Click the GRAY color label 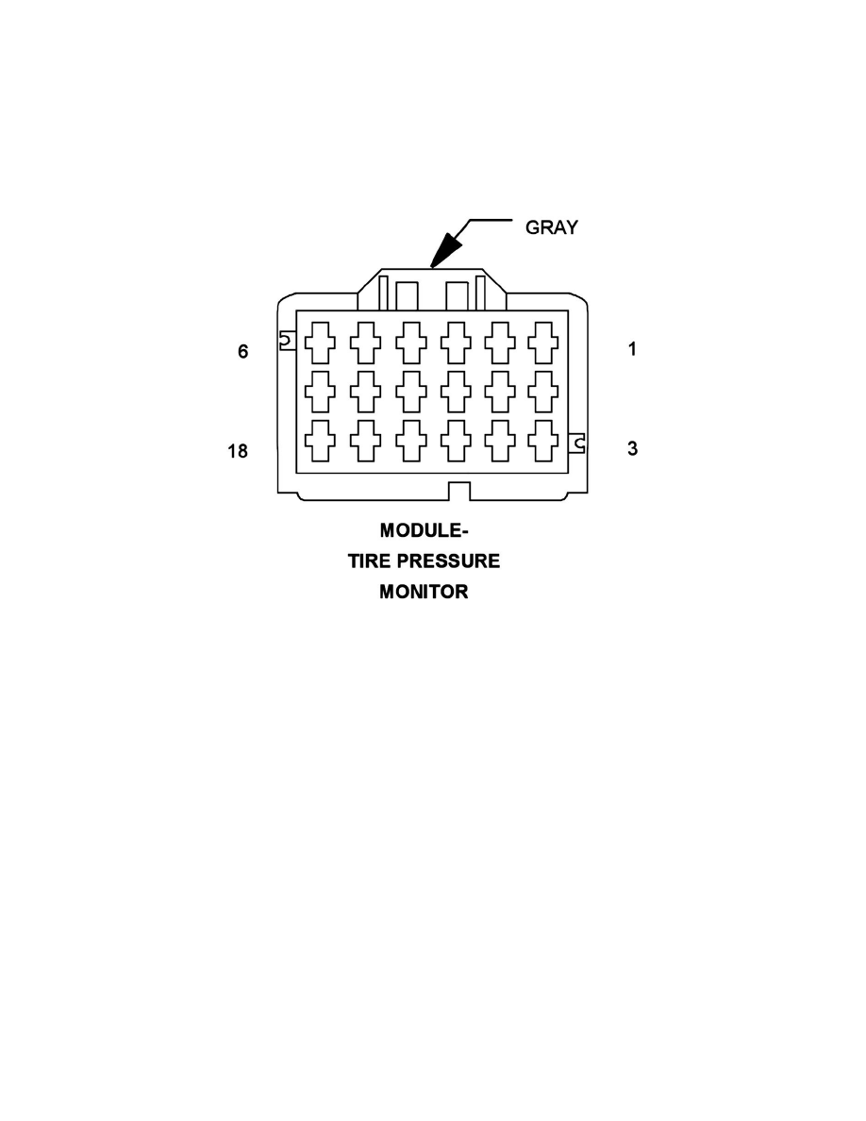[x=551, y=227]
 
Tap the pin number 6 [x=243, y=351]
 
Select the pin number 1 [x=632, y=349]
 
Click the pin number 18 [x=238, y=451]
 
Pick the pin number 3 [x=632, y=448]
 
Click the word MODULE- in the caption [x=424, y=530]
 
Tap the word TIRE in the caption [x=370, y=561]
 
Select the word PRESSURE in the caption [x=448, y=561]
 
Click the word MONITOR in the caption [x=424, y=592]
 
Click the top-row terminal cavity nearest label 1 [x=543, y=343]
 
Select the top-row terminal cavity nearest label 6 [x=320, y=343]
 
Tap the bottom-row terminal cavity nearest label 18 [x=320, y=441]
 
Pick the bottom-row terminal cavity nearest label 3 [x=543, y=441]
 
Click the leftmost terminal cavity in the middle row [x=320, y=391]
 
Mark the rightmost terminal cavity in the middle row [x=543, y=391]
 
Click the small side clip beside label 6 [x=287, y=341]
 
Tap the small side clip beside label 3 [x=577, y=443]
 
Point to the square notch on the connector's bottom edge [x=458, y=492]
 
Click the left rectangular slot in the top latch [x=408, y=296]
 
